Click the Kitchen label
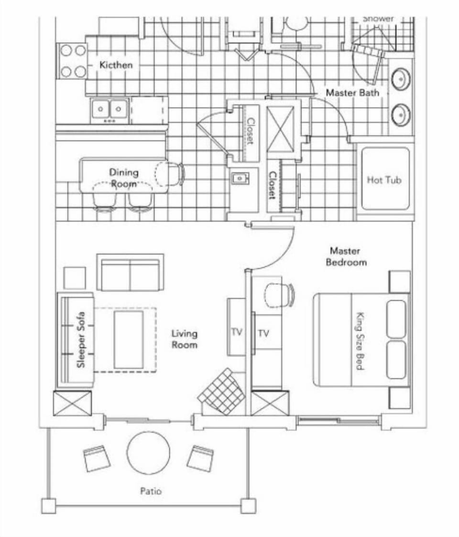(116, 65)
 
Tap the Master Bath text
(352, 92)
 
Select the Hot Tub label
(384, 180)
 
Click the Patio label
(151, 491)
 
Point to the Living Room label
(185, 339)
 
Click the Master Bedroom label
(346, 257)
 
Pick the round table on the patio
(148, 453)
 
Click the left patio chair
(97, 459)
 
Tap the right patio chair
(200, 459)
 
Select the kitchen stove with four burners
(73, 61)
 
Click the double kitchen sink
(109, 110)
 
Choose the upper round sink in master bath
(400, 79)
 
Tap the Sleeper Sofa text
(81, 340)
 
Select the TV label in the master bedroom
(263, 333)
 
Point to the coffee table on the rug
(128, 339)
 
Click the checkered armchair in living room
(222, 391)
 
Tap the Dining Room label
(123, 178)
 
